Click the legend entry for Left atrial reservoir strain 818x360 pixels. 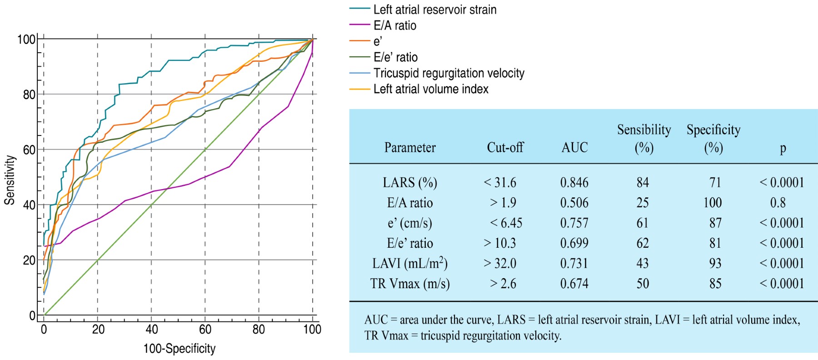[434, 10]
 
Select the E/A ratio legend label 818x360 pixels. [394, 25]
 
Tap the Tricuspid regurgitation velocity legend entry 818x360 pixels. [449, 73]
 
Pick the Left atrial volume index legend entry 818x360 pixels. [430, 89]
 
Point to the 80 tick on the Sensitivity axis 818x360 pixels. [29, 95]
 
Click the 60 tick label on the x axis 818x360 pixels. [205, 330]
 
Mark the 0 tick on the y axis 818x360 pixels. [32, 315]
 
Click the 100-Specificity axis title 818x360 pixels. [180, 349]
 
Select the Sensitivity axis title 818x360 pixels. [10, 180]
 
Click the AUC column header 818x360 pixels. [574, 147]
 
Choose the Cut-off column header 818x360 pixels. [505, 147]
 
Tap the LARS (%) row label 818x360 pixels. [409, 183]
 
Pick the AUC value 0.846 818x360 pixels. [574, 183]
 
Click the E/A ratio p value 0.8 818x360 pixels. [778, 203]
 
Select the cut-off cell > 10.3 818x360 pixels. [500, 243]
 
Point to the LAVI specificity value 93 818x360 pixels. [715, 263]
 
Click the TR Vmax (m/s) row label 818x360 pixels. [409, 284]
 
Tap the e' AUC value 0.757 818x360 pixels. [574, 223]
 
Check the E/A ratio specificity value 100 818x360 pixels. [712, 203]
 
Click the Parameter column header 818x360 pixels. [409, 147]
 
